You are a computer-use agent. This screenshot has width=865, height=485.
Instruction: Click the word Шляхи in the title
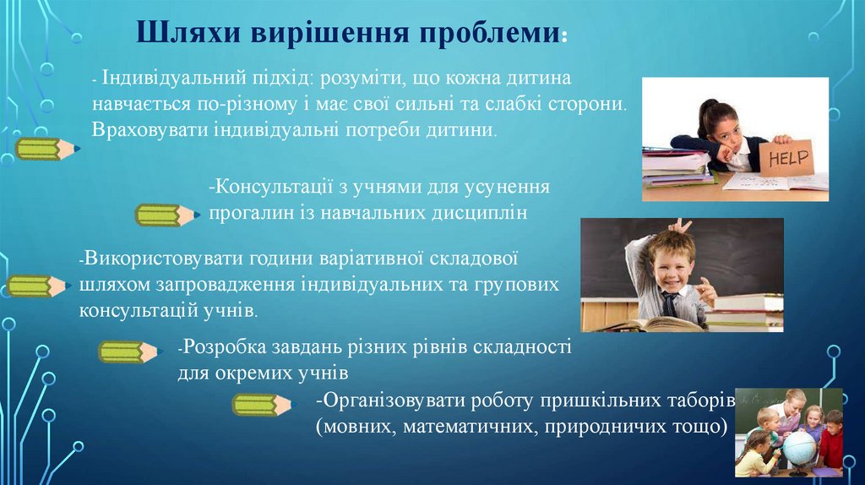pos(188,33)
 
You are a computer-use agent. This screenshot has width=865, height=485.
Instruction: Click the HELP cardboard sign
pos(787,158)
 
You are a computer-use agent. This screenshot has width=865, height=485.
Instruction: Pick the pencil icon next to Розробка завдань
pos(129,352)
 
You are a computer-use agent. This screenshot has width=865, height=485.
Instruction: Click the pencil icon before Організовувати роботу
pos(263,405)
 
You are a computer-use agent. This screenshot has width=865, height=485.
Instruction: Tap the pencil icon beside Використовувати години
pos(38,286)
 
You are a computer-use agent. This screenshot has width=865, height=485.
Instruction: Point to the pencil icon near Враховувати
pos(47,149)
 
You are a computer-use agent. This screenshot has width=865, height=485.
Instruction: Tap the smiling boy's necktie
pos(670,304)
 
